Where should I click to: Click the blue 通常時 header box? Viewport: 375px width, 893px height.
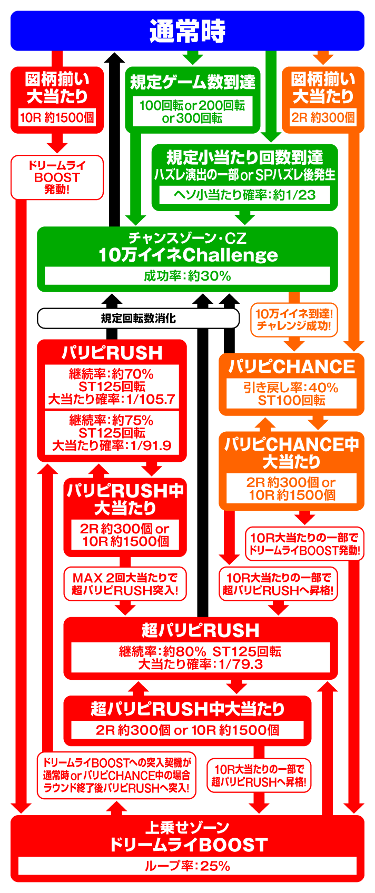[187, 31]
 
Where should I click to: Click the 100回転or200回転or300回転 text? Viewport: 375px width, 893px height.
[192, 112]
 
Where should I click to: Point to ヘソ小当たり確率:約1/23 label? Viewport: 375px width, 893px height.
[244, 195]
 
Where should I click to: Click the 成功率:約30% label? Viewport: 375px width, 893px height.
[187, 276]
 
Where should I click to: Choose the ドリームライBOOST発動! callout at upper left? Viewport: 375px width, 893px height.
[57, 177]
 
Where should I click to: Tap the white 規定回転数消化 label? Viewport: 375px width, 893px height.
[138, 318]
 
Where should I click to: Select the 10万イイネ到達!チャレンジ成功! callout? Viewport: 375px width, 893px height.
[294, 320]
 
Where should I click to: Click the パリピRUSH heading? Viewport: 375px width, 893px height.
[112, 352]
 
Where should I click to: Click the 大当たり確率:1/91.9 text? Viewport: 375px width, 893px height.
[112, 446]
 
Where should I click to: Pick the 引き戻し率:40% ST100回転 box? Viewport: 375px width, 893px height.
[291, 394]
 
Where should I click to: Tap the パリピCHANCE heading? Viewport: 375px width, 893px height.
[291, 366]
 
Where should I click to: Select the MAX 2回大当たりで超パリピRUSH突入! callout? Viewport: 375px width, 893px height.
[125, 584]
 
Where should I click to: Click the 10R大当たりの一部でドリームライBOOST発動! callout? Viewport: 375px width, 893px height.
[304, 544]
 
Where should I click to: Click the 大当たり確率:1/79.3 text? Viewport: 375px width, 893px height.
[200, 664]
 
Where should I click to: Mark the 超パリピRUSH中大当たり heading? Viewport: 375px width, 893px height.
[187, 709]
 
